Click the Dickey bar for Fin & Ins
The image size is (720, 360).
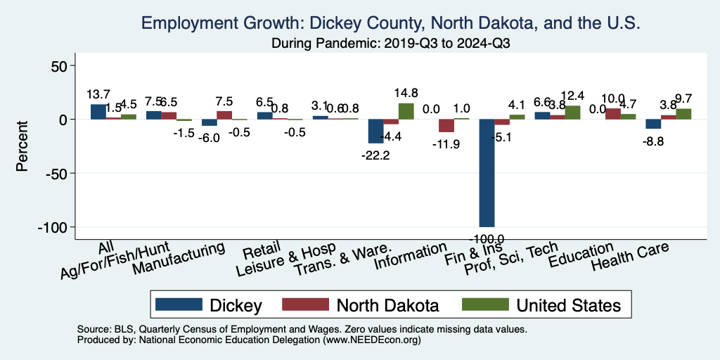click(x=487, y=173)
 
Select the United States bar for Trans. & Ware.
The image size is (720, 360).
click(x=406, y=111)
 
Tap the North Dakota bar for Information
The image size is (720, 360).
click(x=446, y=126)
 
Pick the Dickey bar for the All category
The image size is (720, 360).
click(x=98, y=112)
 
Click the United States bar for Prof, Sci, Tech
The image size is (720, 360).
click(x=572, y=112)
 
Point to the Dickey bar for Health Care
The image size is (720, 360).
click(x=653, y=124)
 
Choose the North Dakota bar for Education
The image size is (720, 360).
click(x=612, y=114)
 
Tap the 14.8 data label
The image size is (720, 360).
click(x=406, y=92)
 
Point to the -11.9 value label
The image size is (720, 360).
click(x=445, y=144)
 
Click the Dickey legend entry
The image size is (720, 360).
click(x=210, y=305)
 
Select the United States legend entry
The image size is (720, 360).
click(x=541, y=305)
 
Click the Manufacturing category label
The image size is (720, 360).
click(x=179, y=259)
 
